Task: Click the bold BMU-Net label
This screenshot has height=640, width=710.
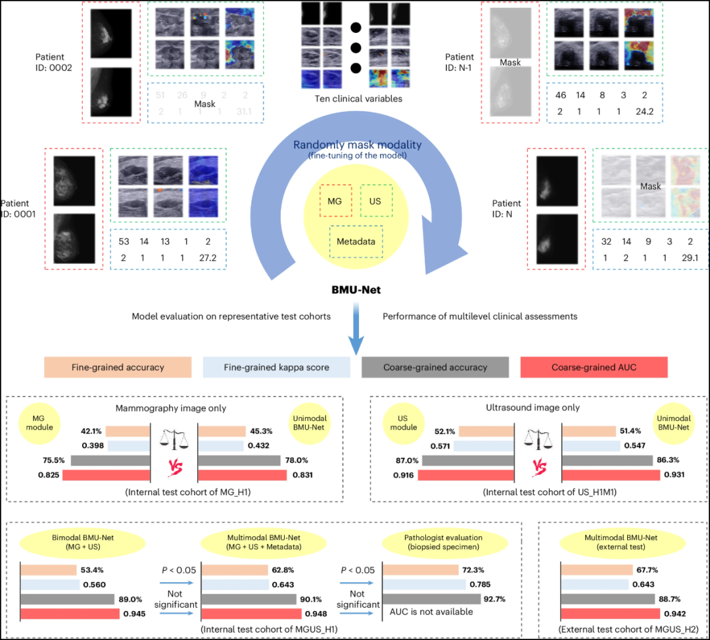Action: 356,289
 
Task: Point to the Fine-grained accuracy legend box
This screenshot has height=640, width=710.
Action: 117,367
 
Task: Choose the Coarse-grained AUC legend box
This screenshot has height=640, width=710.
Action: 593,367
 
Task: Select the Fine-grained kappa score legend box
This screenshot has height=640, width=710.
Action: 276,367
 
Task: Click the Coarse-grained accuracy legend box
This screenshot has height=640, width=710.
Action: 435,367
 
